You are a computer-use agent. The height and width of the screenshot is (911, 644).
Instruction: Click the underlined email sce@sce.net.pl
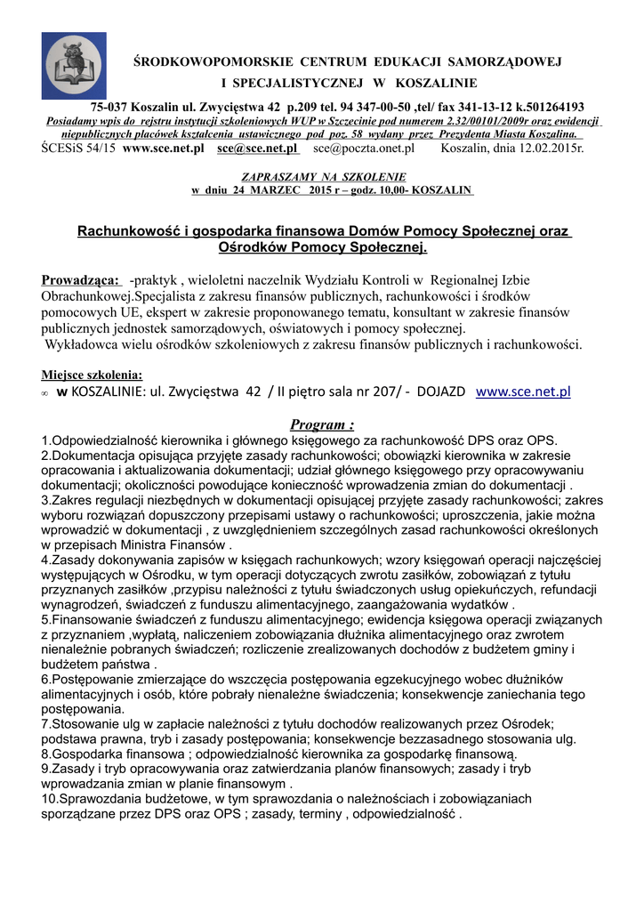[258, 148]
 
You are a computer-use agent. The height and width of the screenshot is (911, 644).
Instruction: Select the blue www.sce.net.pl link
[524, 391]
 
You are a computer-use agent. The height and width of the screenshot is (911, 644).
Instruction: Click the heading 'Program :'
[322, 424]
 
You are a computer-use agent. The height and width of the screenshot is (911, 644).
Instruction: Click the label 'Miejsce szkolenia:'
[92, 375]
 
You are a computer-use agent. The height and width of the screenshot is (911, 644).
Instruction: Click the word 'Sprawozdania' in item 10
[94, 799]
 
